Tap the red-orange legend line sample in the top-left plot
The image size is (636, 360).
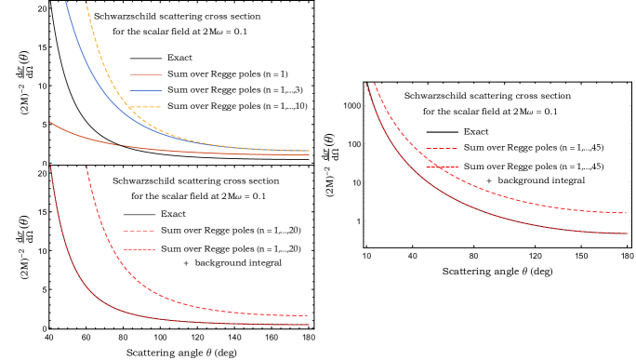[x=146, y=74]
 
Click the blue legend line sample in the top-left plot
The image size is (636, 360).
[x=146, y=90]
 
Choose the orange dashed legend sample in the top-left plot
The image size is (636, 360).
[x=146, y=107]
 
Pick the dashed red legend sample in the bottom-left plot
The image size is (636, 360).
[x=139, y=231]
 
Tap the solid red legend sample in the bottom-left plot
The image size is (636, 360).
[x=139, y=249]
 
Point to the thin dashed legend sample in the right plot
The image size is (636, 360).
[x=442, y=149]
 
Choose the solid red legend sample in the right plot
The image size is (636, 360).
[x=442, y=167]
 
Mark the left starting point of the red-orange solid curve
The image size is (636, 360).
[x=50, y=122]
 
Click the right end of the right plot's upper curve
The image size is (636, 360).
[x=627, y=213]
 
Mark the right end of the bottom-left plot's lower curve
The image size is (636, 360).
[x=309, y=325]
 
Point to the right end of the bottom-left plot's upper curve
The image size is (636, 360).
[x=308, y=315]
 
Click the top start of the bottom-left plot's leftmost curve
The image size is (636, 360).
[x=50, y=167]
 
